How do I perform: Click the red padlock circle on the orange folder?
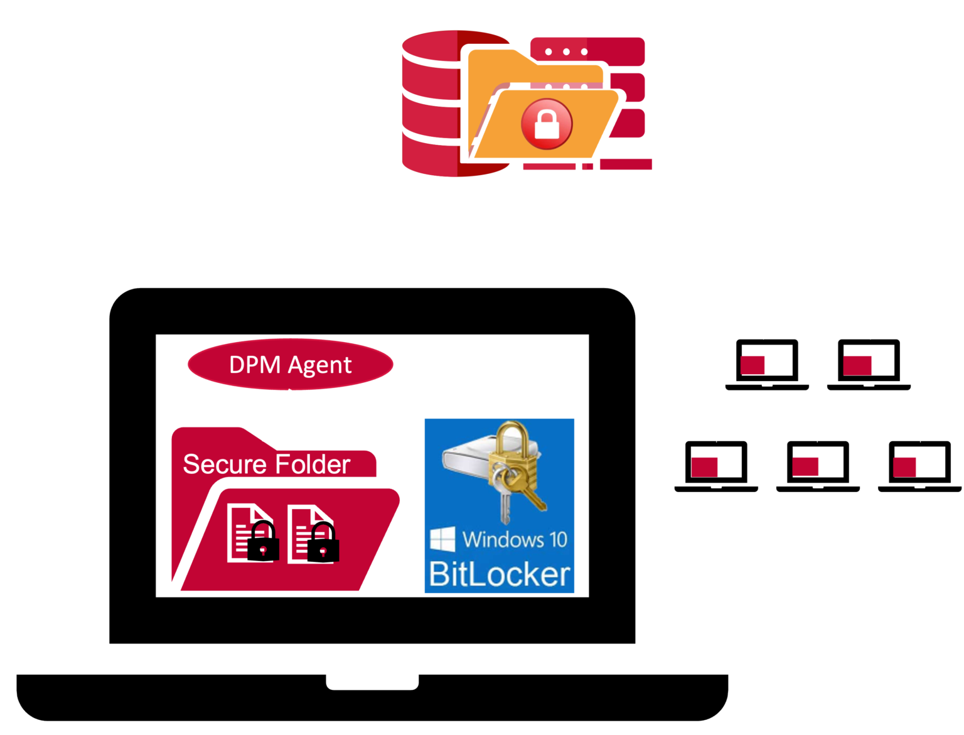547,124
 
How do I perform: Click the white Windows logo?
442,540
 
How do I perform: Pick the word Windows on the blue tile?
503,540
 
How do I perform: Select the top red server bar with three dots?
587,51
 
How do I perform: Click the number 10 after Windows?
557,540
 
